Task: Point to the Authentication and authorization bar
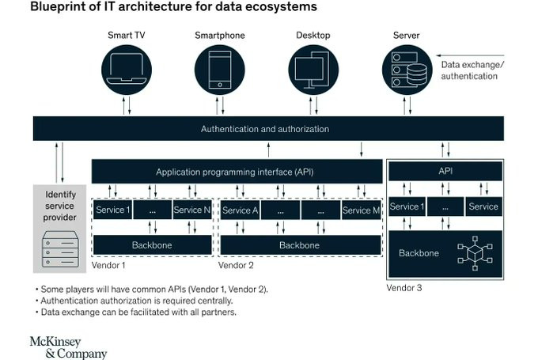(265, 129)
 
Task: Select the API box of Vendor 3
(445, 170)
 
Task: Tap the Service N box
(192, 210)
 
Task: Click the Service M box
(362, 210)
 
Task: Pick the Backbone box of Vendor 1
(153, 245)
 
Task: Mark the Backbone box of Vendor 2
(299, 245)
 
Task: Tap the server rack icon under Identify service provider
(60, 248)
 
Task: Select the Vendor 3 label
(403, 287)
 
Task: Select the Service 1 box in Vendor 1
(112, 210)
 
